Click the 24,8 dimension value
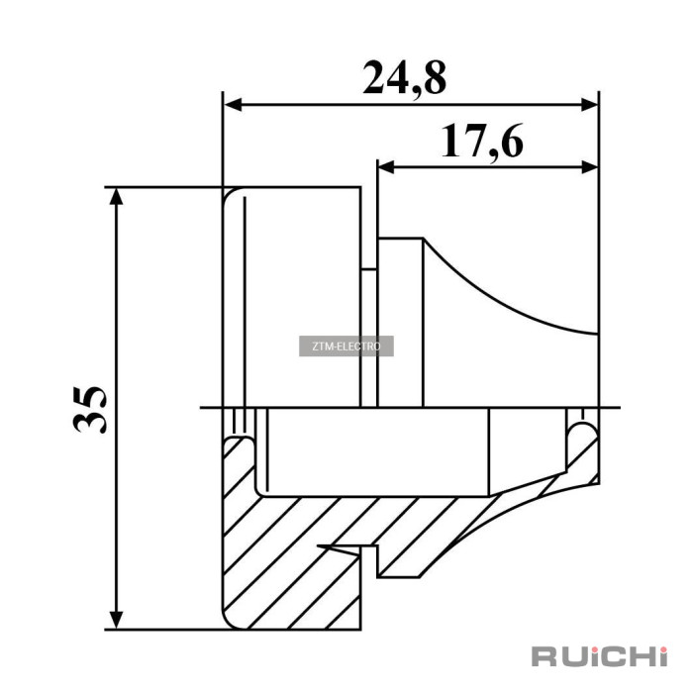(x=404, y=78)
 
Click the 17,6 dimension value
(x=482, y=141)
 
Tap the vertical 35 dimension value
(x=90, y=409)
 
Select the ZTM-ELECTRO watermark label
(x=346, y=346)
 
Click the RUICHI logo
(x=599, y=655)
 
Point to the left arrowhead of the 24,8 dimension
(x=233, y=105)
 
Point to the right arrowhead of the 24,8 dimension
(x=589, y=105)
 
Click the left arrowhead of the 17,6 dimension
(x=386, y=167)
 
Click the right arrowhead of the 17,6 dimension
(x=589, y=167)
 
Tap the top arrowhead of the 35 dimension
(x=116, y=197)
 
